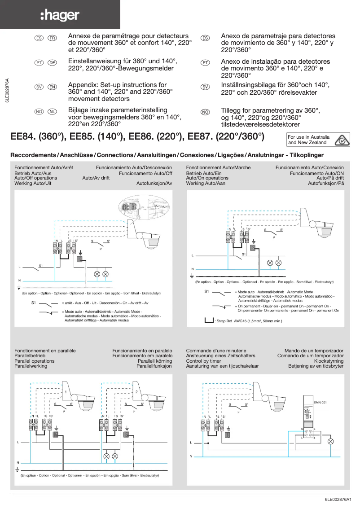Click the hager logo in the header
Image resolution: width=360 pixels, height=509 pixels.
60,16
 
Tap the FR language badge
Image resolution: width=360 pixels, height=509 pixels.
52,38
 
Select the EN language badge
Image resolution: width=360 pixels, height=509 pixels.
52,87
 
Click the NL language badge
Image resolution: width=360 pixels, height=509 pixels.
52,112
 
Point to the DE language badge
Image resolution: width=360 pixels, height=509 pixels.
52,63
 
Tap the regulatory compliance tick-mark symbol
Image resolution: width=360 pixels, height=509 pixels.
342,140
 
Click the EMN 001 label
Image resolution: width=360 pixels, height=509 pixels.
320,402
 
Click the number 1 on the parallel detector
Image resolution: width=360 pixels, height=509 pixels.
66,392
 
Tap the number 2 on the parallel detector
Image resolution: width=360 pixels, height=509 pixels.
136,392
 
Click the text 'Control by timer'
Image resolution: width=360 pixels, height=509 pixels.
203,361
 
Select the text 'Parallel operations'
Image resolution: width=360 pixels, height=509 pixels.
35,361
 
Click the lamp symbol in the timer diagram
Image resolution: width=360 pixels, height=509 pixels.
331,442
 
